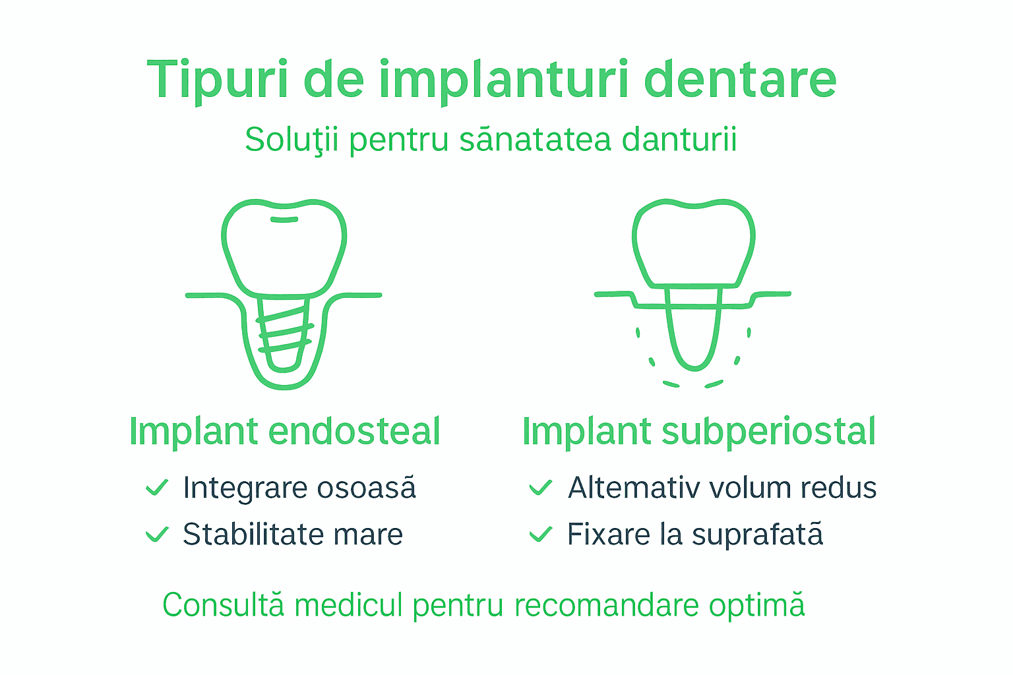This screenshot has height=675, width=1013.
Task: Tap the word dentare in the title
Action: pyautogui.click(x=739, y=79)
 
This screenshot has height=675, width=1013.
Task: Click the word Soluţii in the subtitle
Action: pyautogui.click(x=292, y=140)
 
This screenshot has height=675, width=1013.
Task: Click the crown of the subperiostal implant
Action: pyautogui.click(x=693, y=244)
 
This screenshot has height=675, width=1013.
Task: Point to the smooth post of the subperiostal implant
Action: pyautogui.click(x=693, y=330)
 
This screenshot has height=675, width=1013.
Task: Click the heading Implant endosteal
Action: pyautogui.click(x=284, y=432)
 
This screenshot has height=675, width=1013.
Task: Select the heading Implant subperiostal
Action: pyautogui.click(x=698, y=432)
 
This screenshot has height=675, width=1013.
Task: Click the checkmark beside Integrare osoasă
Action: pyautogui.click(x=157, y=488)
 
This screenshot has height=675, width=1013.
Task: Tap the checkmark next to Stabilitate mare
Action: pyautogui.click(x=157, y=534)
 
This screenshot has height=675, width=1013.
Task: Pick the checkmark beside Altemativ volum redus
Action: pyautogui.click(x=540, y=488)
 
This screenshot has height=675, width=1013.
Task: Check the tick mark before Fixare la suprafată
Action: pyautogui.click(x=540, y=534)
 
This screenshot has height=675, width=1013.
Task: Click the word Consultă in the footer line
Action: pyautogui.click(x=224, y=604)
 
